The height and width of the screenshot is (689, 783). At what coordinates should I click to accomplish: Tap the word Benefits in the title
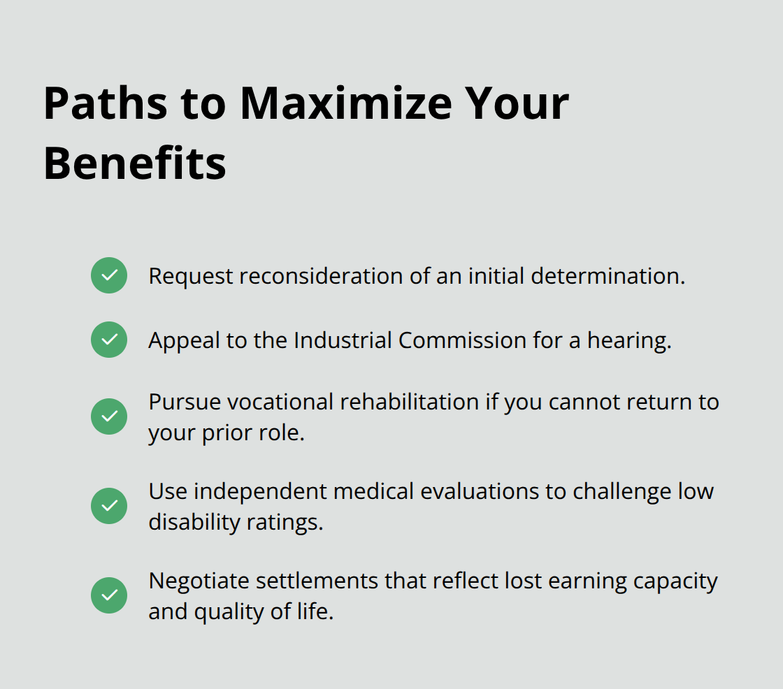click(x=134, y=164)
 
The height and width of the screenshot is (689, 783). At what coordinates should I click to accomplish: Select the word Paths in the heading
click(x=106, y=103)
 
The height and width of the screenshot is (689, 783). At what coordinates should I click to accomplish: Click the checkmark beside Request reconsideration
click(x=109, y=275)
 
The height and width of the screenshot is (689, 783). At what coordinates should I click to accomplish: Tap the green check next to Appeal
click(x=109, y=340)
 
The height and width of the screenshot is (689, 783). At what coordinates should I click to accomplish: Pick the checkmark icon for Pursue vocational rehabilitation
click(x=109, y=416)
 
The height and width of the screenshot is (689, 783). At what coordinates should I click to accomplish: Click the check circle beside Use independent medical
click(x=109, y=506)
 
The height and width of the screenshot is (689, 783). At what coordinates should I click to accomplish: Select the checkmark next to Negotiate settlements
click(x=109, y=595)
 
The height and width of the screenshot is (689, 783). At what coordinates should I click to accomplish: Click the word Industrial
click(x=343, y=340)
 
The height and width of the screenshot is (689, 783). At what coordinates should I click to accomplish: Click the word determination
click(x=608, y=276)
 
